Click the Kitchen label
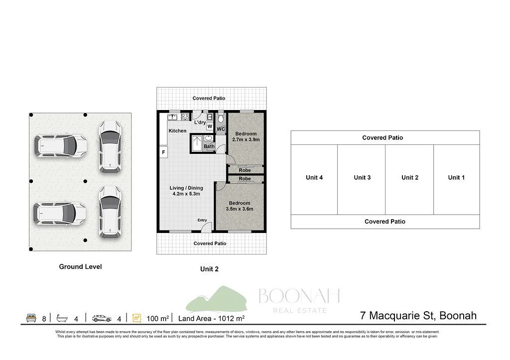177,131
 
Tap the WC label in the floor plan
221,129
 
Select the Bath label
209,146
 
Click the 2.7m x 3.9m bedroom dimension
246,140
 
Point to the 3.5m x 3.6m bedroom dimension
240,209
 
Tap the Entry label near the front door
202,220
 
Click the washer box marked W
210,126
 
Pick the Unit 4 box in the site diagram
314,178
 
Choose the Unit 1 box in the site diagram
456,178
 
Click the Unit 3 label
362,178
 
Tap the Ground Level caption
80,267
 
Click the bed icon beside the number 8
31,318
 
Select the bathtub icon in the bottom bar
62,318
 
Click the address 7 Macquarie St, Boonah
418,316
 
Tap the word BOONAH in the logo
299,296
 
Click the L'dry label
200,122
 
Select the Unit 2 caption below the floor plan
209,269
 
